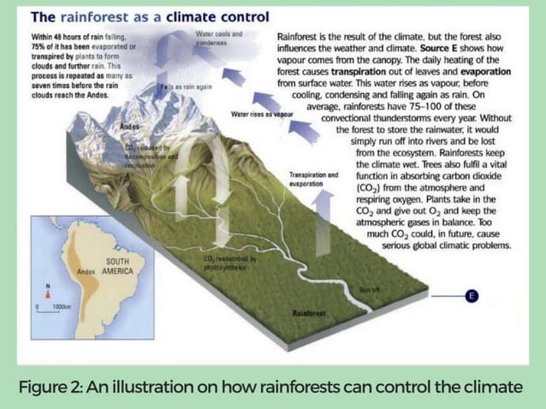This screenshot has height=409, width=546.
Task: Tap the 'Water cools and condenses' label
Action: tap(219, 39)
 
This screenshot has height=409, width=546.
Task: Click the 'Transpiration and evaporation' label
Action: tap(313, 179)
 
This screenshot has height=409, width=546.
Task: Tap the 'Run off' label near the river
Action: tap(371, 289)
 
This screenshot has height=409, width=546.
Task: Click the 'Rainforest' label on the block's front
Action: tap(309, 313)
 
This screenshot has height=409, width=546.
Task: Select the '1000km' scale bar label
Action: tap(61, 305)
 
